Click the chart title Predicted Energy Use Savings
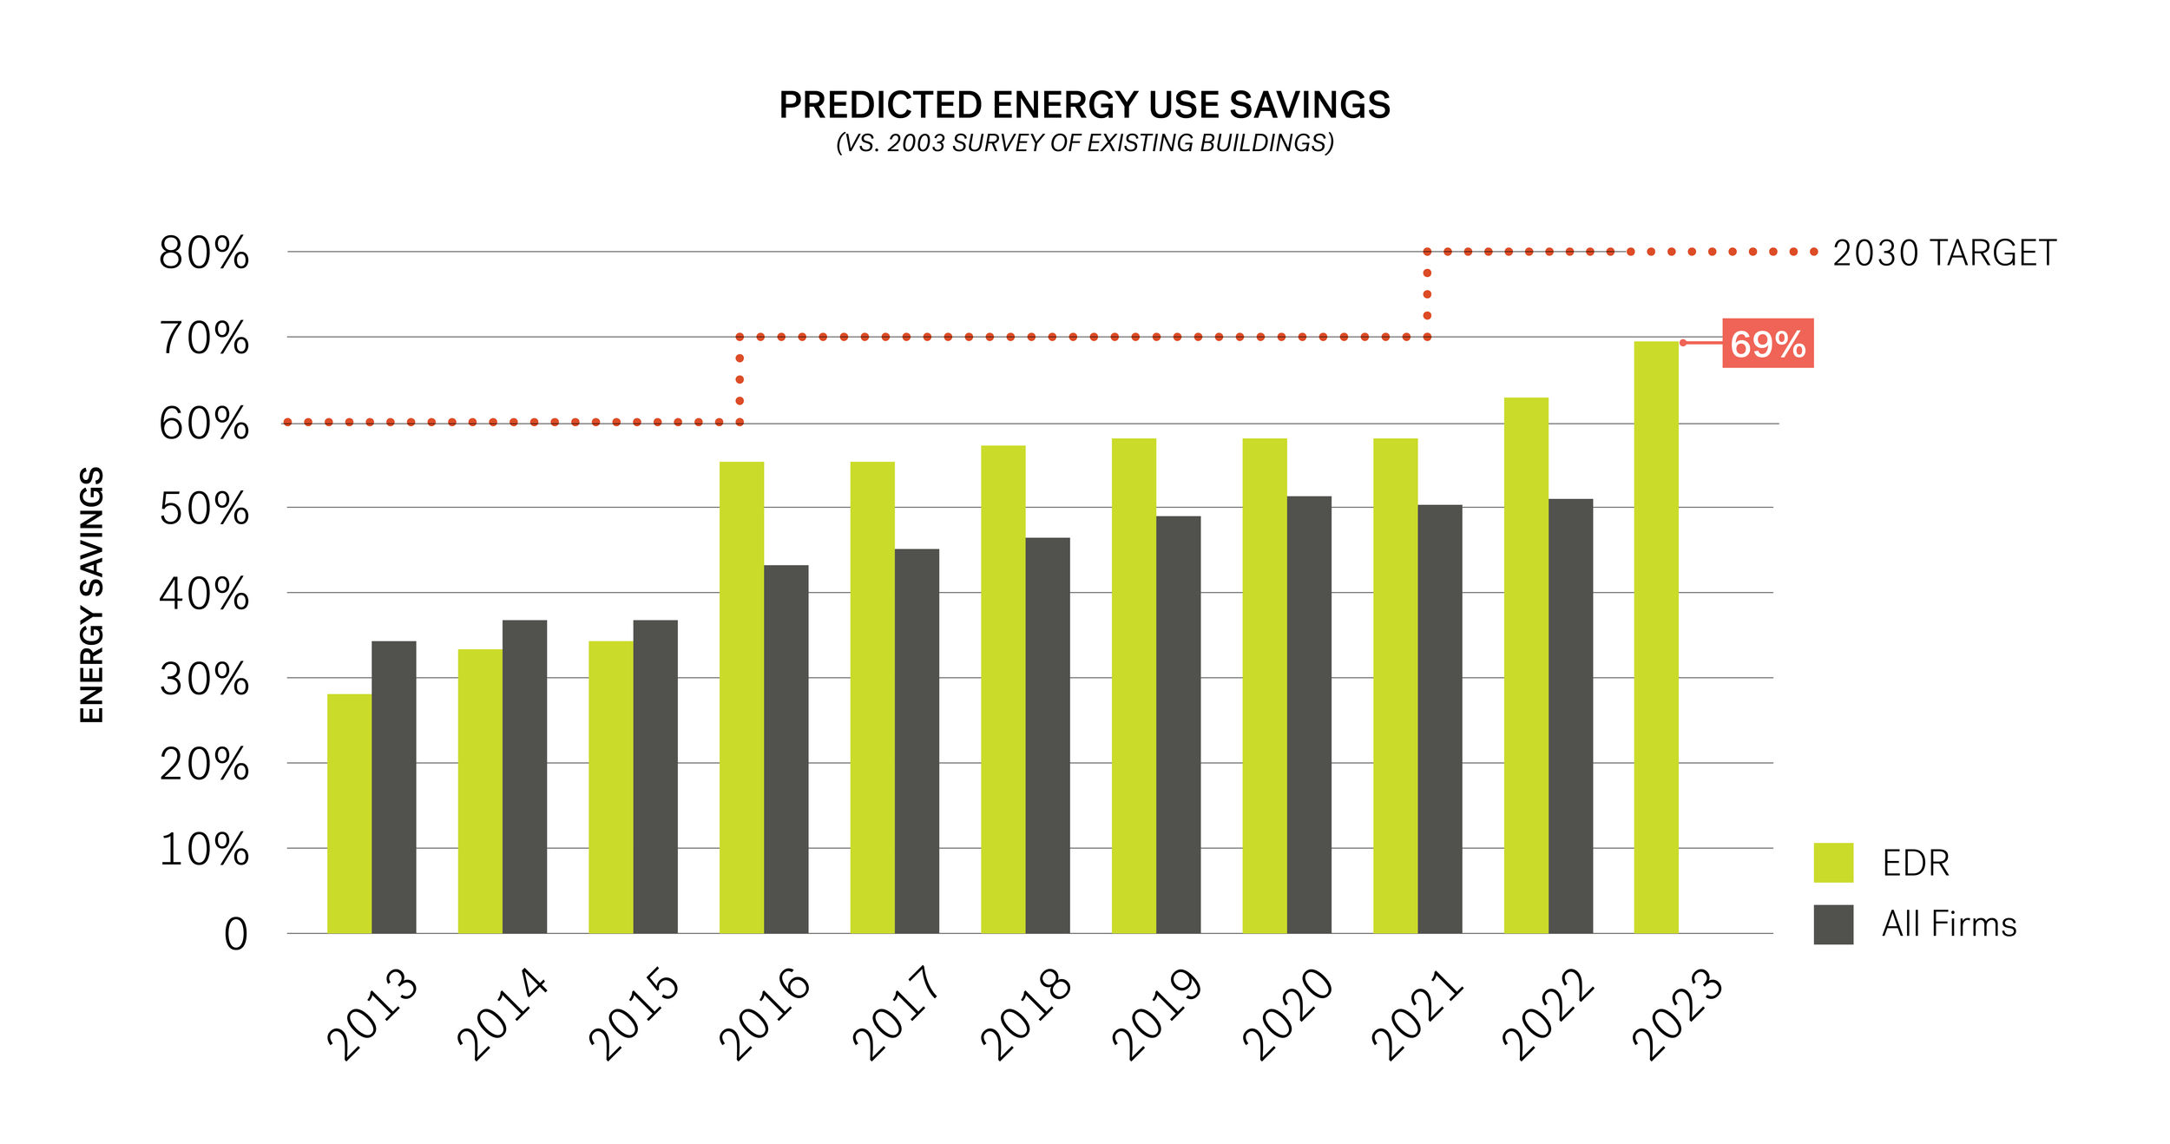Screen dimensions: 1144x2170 1084,105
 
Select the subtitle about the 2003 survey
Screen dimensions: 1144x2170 1084,143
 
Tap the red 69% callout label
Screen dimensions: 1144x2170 1767,344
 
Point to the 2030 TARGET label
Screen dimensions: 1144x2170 1943,253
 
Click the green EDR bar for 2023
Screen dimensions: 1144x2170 1656,638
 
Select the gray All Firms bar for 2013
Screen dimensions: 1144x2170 394,787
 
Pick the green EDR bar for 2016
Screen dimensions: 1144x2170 741,698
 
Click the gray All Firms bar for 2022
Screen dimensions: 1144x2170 1570,716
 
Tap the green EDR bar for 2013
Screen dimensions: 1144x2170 349,814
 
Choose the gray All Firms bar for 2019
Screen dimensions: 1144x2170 1178,725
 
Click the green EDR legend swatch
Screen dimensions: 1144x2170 1833,863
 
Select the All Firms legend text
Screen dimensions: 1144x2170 1949,924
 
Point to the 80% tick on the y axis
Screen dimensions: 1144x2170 204,253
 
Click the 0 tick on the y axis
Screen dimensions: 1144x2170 235,936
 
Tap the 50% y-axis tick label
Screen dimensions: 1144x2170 204,510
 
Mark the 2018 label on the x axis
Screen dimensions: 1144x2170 1027,1014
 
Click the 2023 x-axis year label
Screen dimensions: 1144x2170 1678,1014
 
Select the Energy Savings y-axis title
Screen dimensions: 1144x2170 92,595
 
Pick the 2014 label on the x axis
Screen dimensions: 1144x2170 503,1014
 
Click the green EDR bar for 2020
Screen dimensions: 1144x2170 1265,686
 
